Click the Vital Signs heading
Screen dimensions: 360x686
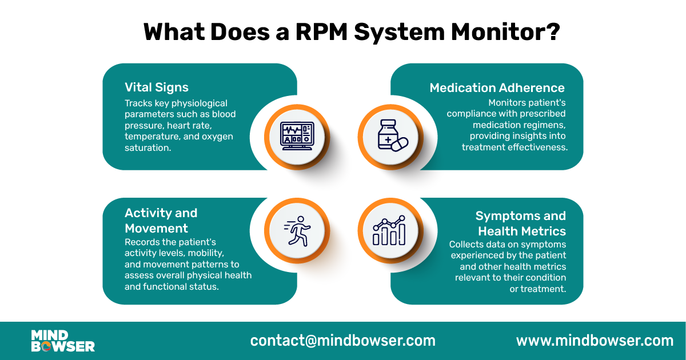157,87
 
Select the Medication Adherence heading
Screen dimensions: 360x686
497,87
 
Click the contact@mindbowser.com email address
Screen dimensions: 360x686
342,341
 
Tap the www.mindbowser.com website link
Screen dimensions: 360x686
595,341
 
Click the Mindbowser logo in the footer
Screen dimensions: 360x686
62,341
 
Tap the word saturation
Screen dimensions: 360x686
146,147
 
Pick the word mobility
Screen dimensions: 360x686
204,253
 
